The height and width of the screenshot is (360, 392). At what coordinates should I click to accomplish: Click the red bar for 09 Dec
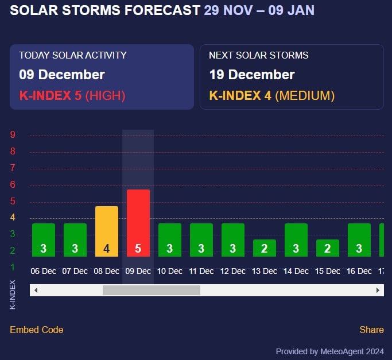tap(138, 223)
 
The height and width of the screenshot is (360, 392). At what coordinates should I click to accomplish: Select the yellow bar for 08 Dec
tap(106, 231)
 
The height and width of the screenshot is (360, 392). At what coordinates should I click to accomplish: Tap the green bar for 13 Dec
tap(264, 247)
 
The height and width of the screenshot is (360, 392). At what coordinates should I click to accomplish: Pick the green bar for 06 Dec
tap(43, 239)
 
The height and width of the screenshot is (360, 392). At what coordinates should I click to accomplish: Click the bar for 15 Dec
tap(327, 247)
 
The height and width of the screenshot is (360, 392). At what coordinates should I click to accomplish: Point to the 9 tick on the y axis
tap(13, 135)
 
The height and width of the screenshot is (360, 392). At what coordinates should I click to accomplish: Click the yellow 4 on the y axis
tap(13, 218)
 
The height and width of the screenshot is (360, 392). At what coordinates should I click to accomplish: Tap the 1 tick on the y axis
tap(13, 267)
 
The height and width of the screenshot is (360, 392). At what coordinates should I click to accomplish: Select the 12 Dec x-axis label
tap(232, 271)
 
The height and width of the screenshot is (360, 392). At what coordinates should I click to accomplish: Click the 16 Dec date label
tap(359, 271)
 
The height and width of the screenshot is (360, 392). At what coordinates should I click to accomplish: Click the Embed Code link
tap(37, 330)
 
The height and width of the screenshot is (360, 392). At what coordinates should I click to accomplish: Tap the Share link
tap(371, 330)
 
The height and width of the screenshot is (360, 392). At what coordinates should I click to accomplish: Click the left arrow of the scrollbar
tap(36, 291)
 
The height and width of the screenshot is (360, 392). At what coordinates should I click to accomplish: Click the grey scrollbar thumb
tap(152, 291)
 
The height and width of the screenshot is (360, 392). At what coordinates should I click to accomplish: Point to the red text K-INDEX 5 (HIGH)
tap(72, 95)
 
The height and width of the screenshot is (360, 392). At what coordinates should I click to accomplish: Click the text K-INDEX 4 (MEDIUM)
tap(271, 95)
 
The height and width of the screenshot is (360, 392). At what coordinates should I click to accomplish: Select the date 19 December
tap(251, 75)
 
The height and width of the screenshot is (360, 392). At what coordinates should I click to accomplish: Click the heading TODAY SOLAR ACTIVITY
tap(73, 55)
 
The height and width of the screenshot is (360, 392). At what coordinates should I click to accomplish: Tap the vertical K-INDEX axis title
tap(13, 295)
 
